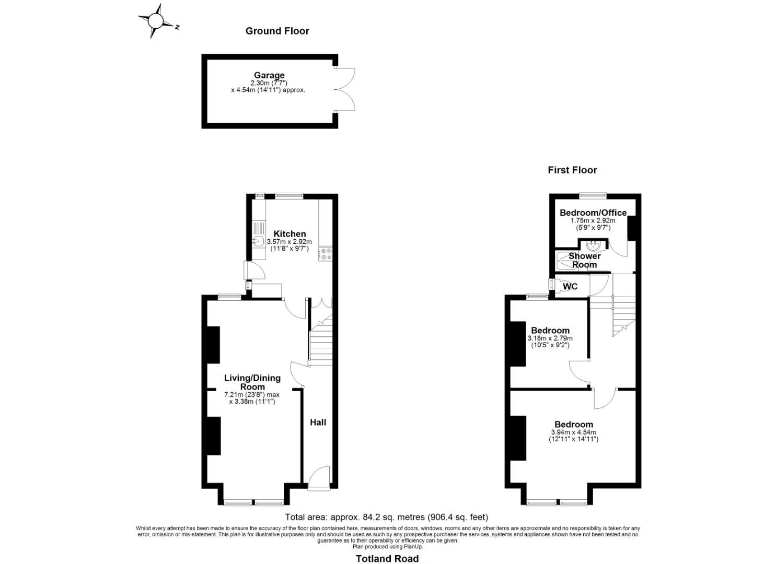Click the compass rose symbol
pos(156,21)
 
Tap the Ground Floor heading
pos(277,31)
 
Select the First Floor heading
pos(572,170)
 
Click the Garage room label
pos(269,75)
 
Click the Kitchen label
pos(290,233)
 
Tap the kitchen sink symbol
pos(258,241)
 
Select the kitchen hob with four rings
pos(327,254)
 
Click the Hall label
pos(318,422)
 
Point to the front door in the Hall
pos(319,478)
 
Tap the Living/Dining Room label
pos(252,382)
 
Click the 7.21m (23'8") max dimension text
pos(252,394)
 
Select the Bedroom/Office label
pos(593,213)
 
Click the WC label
pos(570,287)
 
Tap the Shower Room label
pos(584,260)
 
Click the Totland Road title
pos(387,559)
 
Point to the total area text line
pos(387,517)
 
